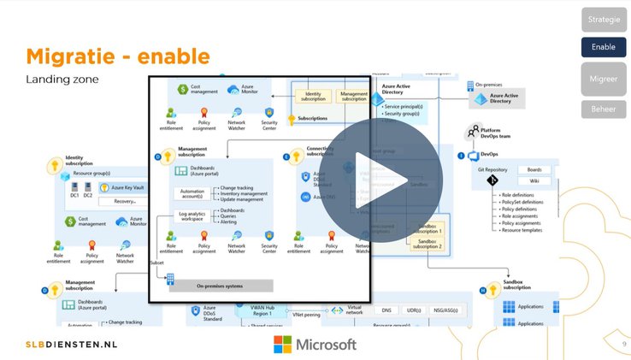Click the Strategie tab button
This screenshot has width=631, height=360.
point(604,20)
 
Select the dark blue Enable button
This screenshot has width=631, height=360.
point(604,47)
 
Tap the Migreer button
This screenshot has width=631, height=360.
point(604,79)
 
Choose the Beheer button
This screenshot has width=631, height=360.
point(604,109)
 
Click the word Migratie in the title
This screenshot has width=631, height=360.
point(74,56)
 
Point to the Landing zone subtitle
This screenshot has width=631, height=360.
point(62,80)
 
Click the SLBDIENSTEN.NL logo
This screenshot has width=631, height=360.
point(71,345)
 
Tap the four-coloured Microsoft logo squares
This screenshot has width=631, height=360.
point(282,344)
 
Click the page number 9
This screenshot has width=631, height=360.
point(624,344)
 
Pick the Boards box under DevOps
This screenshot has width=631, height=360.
point(534,169)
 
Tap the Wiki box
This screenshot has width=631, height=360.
point(534,181)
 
